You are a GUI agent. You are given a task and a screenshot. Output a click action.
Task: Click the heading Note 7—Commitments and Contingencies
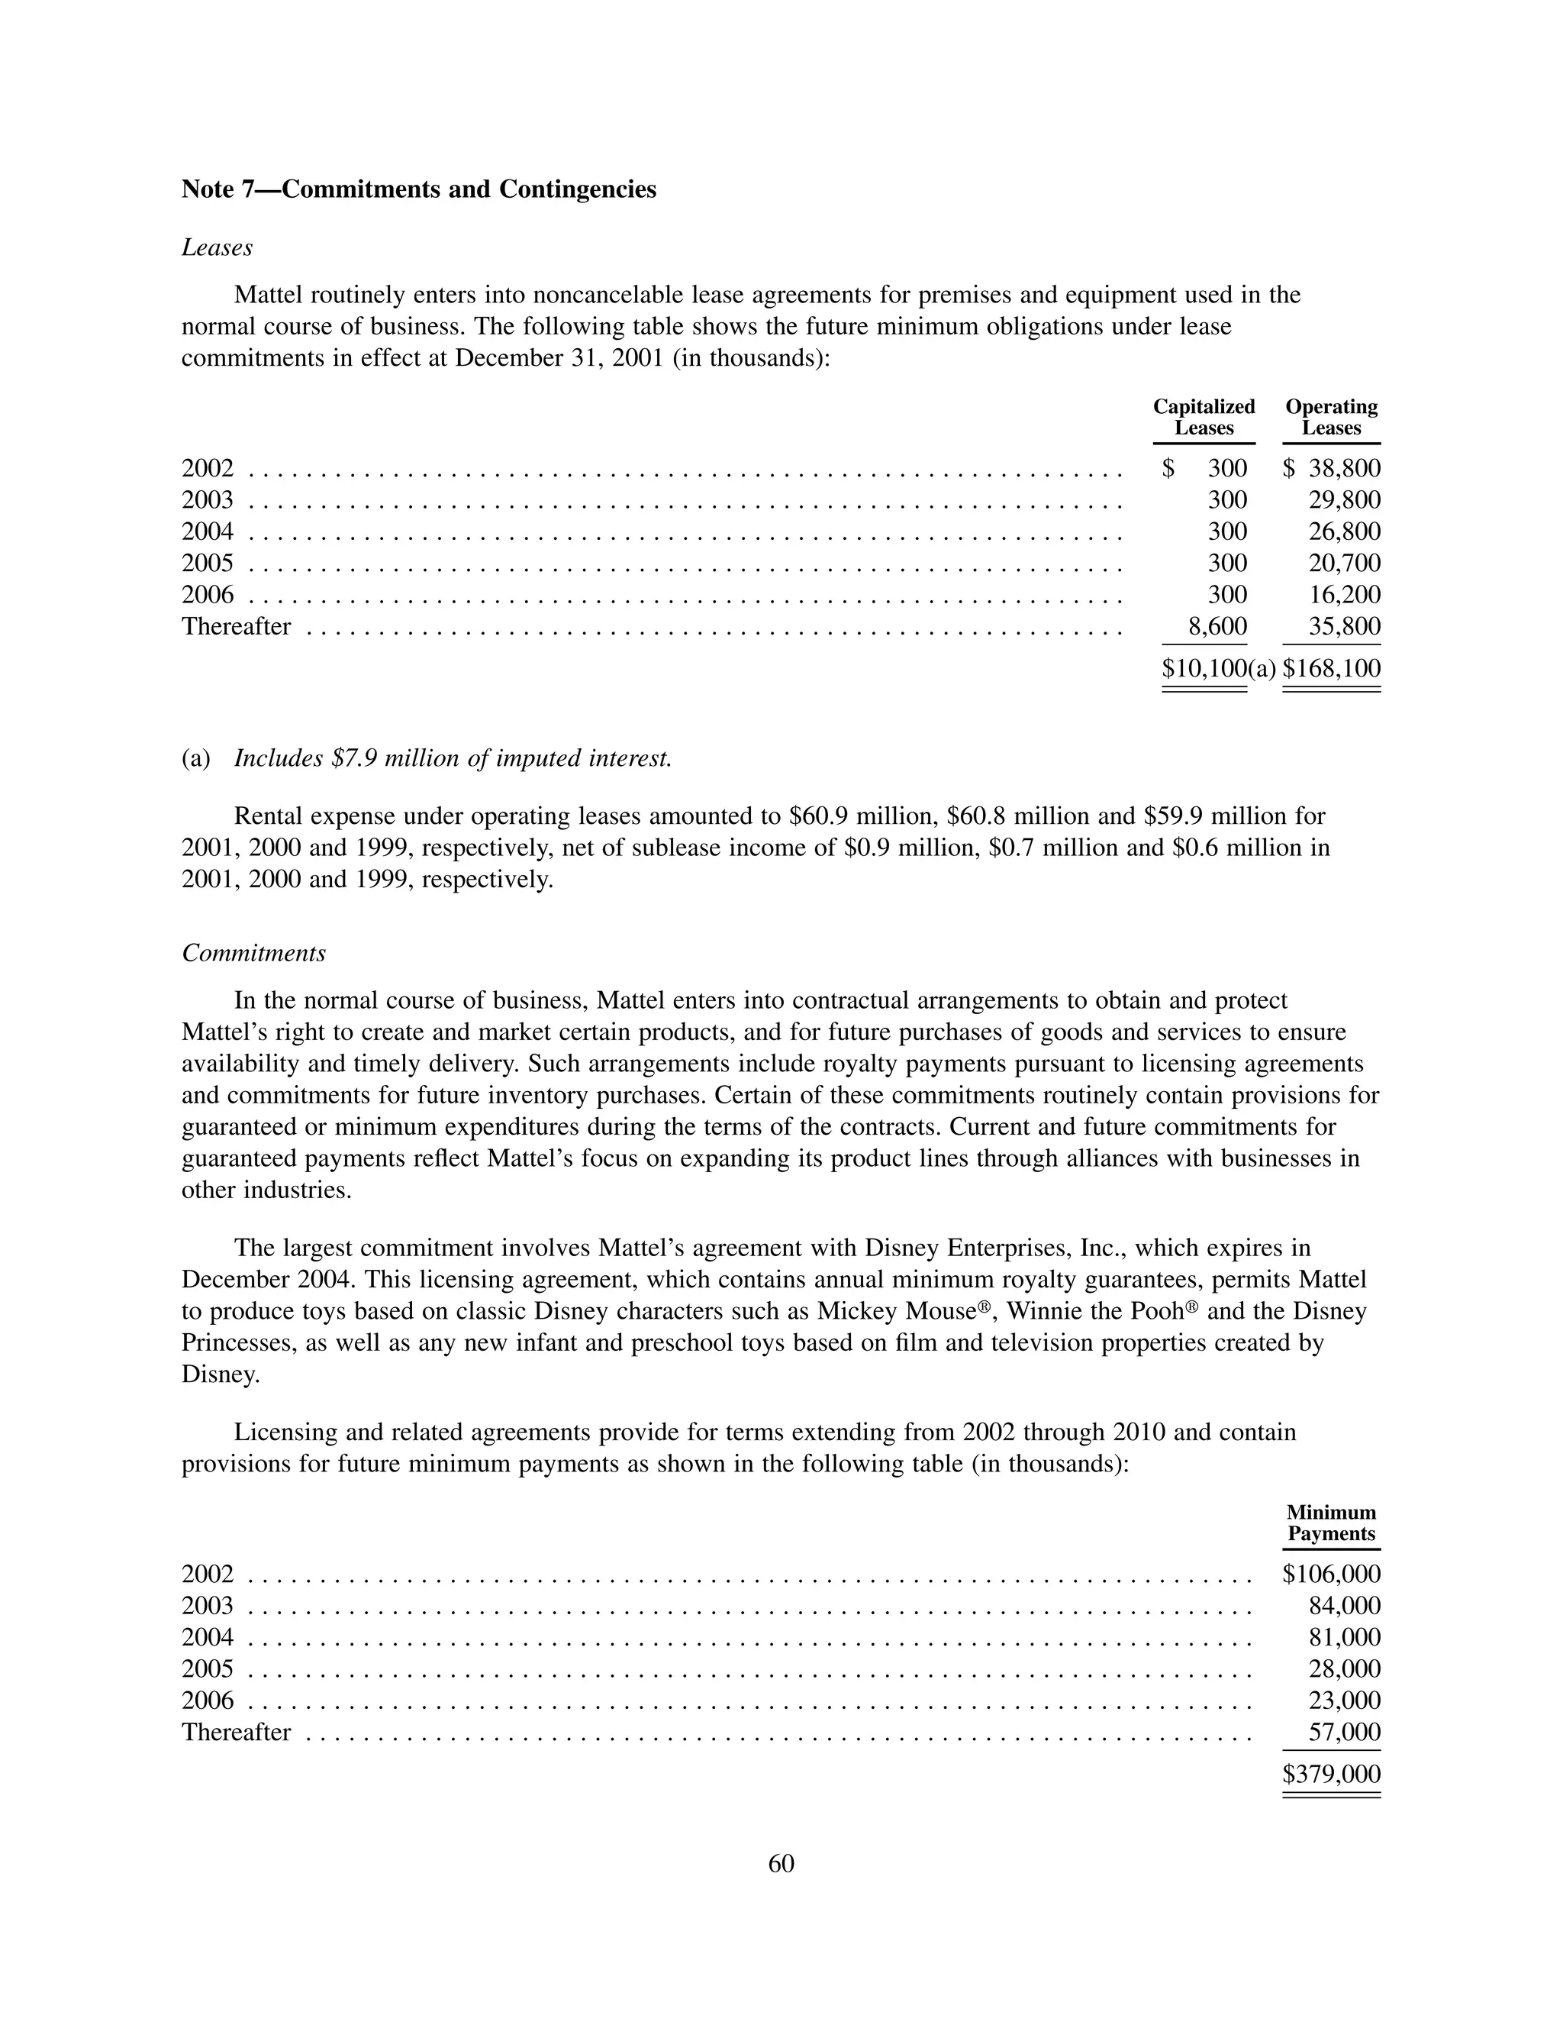tap(419, 190)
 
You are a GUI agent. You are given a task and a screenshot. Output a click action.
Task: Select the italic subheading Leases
tap(217, 247)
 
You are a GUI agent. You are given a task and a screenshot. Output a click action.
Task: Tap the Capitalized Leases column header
tap(1203, 418)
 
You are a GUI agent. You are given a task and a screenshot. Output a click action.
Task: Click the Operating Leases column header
tap(1330, 418)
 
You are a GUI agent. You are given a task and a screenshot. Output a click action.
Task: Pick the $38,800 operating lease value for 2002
tap(1333, 468)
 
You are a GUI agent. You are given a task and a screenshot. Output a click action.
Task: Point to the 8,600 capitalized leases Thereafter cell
tap(1218, 626)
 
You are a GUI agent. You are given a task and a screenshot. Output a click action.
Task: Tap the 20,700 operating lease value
tap(1345, 563)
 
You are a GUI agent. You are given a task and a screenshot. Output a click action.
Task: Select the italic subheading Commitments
tap(254, 953)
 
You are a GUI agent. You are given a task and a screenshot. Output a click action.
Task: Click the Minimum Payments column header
tap(1330, 1523)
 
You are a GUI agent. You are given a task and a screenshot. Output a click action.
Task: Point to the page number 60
tap(781, 1863)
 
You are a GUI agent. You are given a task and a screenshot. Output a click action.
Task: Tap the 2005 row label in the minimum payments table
tap(208, 1669)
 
